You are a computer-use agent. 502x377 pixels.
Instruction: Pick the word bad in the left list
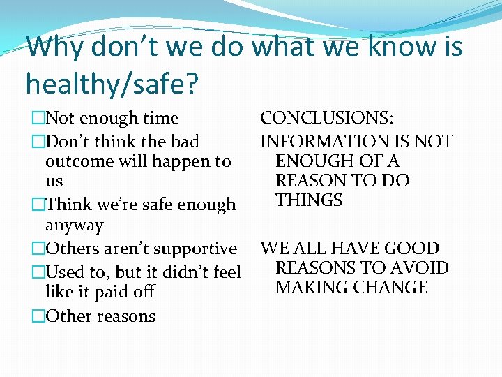coord(185,142)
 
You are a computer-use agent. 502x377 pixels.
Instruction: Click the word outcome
coord(77,161)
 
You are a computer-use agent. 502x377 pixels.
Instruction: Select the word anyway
coord(74,226)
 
